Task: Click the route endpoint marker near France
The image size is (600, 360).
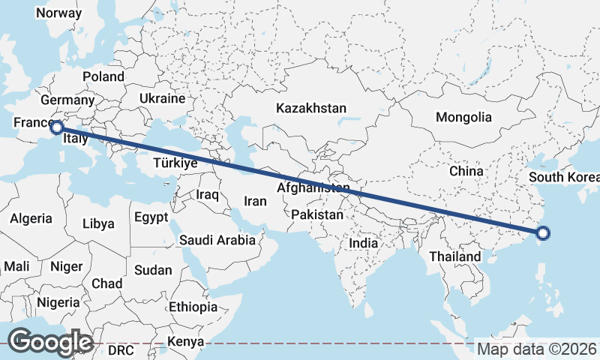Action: point(55,127)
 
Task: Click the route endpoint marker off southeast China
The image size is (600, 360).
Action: point(544,234)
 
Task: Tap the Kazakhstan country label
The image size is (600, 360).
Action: point(310,108)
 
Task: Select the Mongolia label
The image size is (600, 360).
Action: point(463,117)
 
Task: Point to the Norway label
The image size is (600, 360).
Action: point(58,13)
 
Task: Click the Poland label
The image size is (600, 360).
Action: point(103,76)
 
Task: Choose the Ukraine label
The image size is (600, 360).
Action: point(162,98)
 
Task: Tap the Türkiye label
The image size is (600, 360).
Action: point(175,163)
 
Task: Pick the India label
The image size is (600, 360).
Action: point(364,244)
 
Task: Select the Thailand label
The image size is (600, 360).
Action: point(454,256)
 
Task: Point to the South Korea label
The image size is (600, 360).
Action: point(564,178)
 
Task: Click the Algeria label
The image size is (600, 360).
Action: point(31,218)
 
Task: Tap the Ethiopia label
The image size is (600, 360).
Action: point(193,307)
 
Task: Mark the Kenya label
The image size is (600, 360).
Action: point(186,342)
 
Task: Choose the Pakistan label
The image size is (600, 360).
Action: point(317,214)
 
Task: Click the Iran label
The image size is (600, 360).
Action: point(255,201)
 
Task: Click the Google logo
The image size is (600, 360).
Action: point(50,342)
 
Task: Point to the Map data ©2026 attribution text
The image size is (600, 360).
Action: point(537,349)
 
